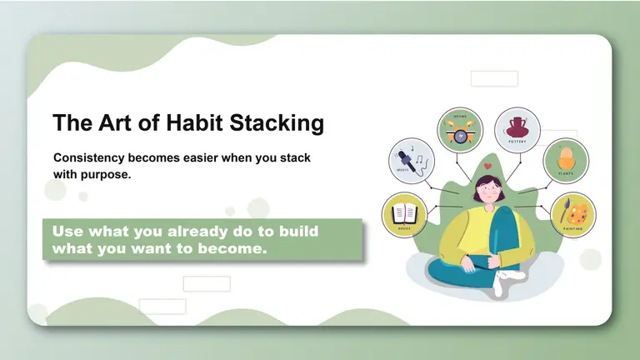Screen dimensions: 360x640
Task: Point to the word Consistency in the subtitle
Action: click(94, 157)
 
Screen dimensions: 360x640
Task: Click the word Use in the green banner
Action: click(68, 231)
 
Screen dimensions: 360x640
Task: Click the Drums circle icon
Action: click(460, 131)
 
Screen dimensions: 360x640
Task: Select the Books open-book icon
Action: click(404, 212)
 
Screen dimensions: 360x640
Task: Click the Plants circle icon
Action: click(566, 160)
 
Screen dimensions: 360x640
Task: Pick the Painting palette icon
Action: click(572, 212)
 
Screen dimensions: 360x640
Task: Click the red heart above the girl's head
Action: click(487, 167)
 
